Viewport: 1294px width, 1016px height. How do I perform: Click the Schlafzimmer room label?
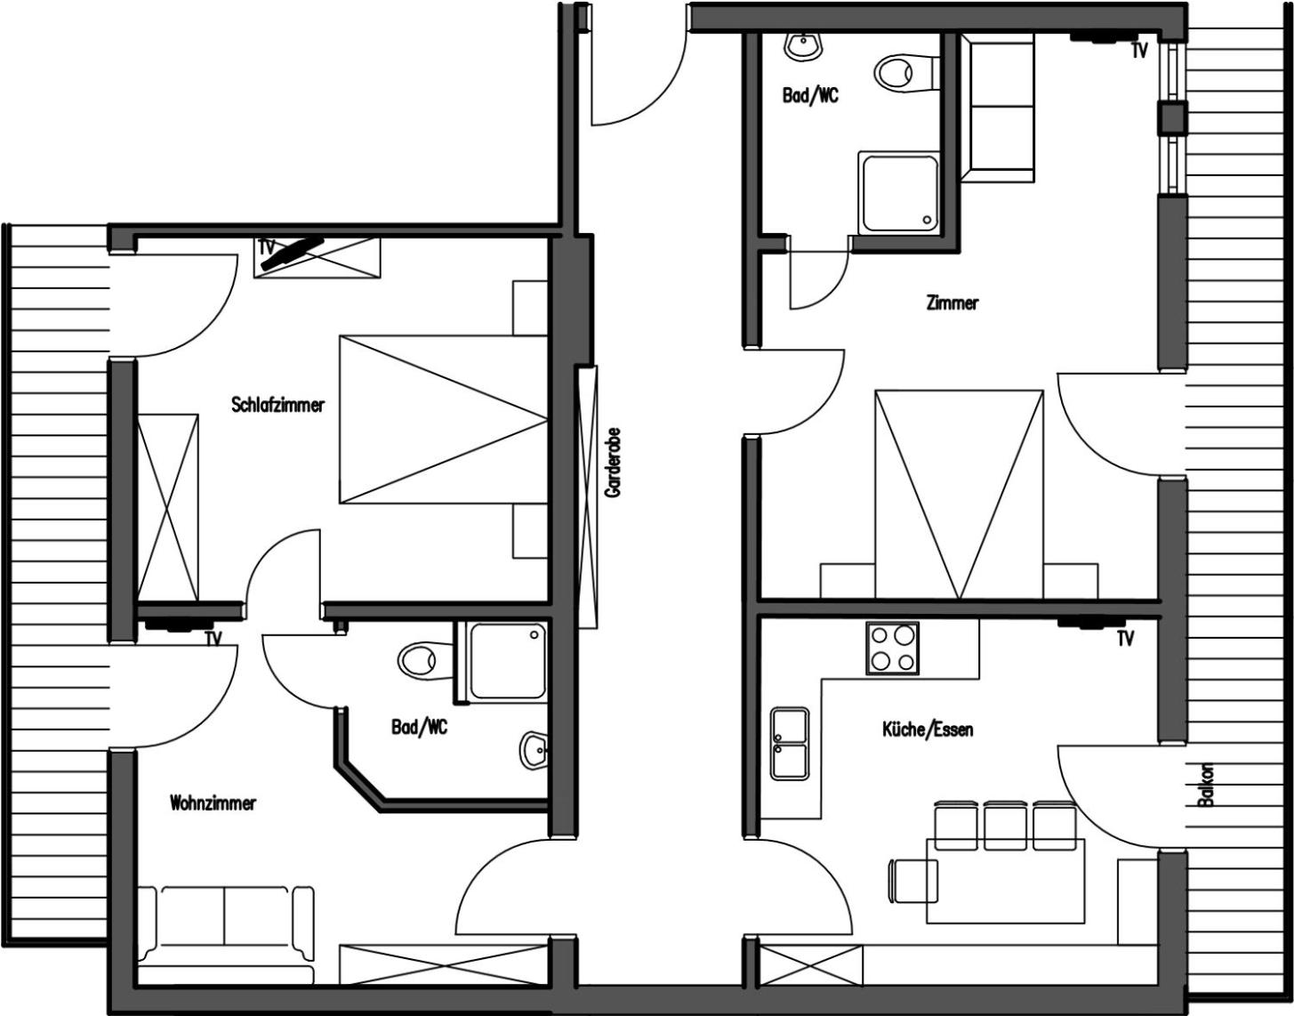[278, 405]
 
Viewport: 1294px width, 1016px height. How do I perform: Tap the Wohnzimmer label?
[213, 802]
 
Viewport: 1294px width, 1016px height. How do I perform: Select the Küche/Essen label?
[928, 730]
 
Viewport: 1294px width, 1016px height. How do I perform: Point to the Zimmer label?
[952, 303]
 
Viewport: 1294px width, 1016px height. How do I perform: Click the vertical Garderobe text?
[612, 463]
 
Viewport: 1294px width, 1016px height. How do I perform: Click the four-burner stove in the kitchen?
[892, 648]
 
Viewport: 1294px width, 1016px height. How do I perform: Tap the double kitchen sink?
[790, 744]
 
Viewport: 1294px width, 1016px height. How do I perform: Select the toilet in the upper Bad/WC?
[906, 73]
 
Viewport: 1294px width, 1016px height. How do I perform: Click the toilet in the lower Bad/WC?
[425, 660]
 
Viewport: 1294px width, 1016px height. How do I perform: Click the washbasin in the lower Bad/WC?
[534, 751]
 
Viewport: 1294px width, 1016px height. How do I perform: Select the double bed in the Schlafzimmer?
[443, 420]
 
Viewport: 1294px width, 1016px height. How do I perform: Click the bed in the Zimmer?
[959, 495]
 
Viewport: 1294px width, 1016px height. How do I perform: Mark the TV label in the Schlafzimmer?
[266, 247]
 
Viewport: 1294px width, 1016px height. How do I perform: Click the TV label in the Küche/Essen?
[1126, 639]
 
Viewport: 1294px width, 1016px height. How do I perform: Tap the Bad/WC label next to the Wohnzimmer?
[419, 727]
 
